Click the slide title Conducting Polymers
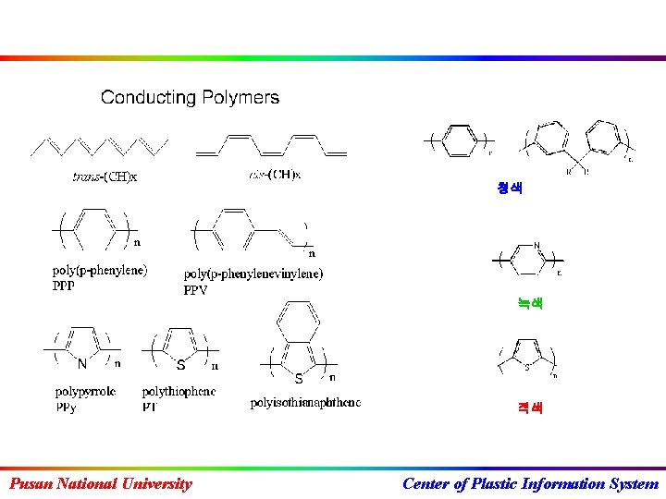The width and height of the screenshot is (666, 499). click(190, 97)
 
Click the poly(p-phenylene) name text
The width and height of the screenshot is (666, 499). click(99, 272)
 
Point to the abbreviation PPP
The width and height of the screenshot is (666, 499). click(64, 286)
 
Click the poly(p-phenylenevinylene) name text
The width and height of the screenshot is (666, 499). click(253, 274)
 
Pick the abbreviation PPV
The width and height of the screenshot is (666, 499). click(196, 290)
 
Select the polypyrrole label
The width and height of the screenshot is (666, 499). click(85, 392)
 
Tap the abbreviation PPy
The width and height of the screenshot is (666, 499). click(66, 407)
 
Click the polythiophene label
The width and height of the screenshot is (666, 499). click(179, 392)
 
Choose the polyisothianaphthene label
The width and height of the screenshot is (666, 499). click(305, 403)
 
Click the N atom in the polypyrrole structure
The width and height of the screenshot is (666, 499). click(82, 364)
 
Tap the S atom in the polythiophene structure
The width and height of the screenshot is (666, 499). click(180, 365)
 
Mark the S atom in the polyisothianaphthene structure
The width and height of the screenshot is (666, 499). click(298, 378)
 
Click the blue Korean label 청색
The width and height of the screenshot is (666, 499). click(510, 189)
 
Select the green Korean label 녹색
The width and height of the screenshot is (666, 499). click(530, 303)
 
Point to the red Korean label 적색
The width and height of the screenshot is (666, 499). click(530, 408)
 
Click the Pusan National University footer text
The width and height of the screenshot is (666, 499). click(100, 483)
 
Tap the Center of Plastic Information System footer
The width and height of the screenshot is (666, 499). click(531, 483)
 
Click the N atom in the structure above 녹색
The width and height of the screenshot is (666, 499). click(536, 246)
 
